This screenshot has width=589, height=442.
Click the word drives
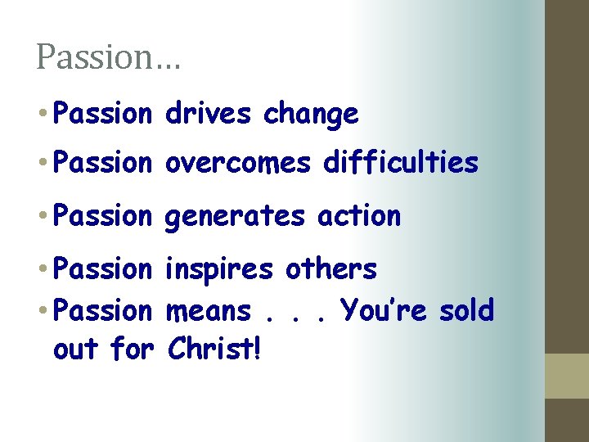point(208,115)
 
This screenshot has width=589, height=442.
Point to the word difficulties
point(401,164)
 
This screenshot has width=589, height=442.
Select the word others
point(331,268)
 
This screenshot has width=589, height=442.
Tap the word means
point(209,311)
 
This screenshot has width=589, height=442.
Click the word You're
point(383,310)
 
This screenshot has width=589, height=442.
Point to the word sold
point(466,310)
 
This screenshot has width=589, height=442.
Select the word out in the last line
point(74,350)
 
